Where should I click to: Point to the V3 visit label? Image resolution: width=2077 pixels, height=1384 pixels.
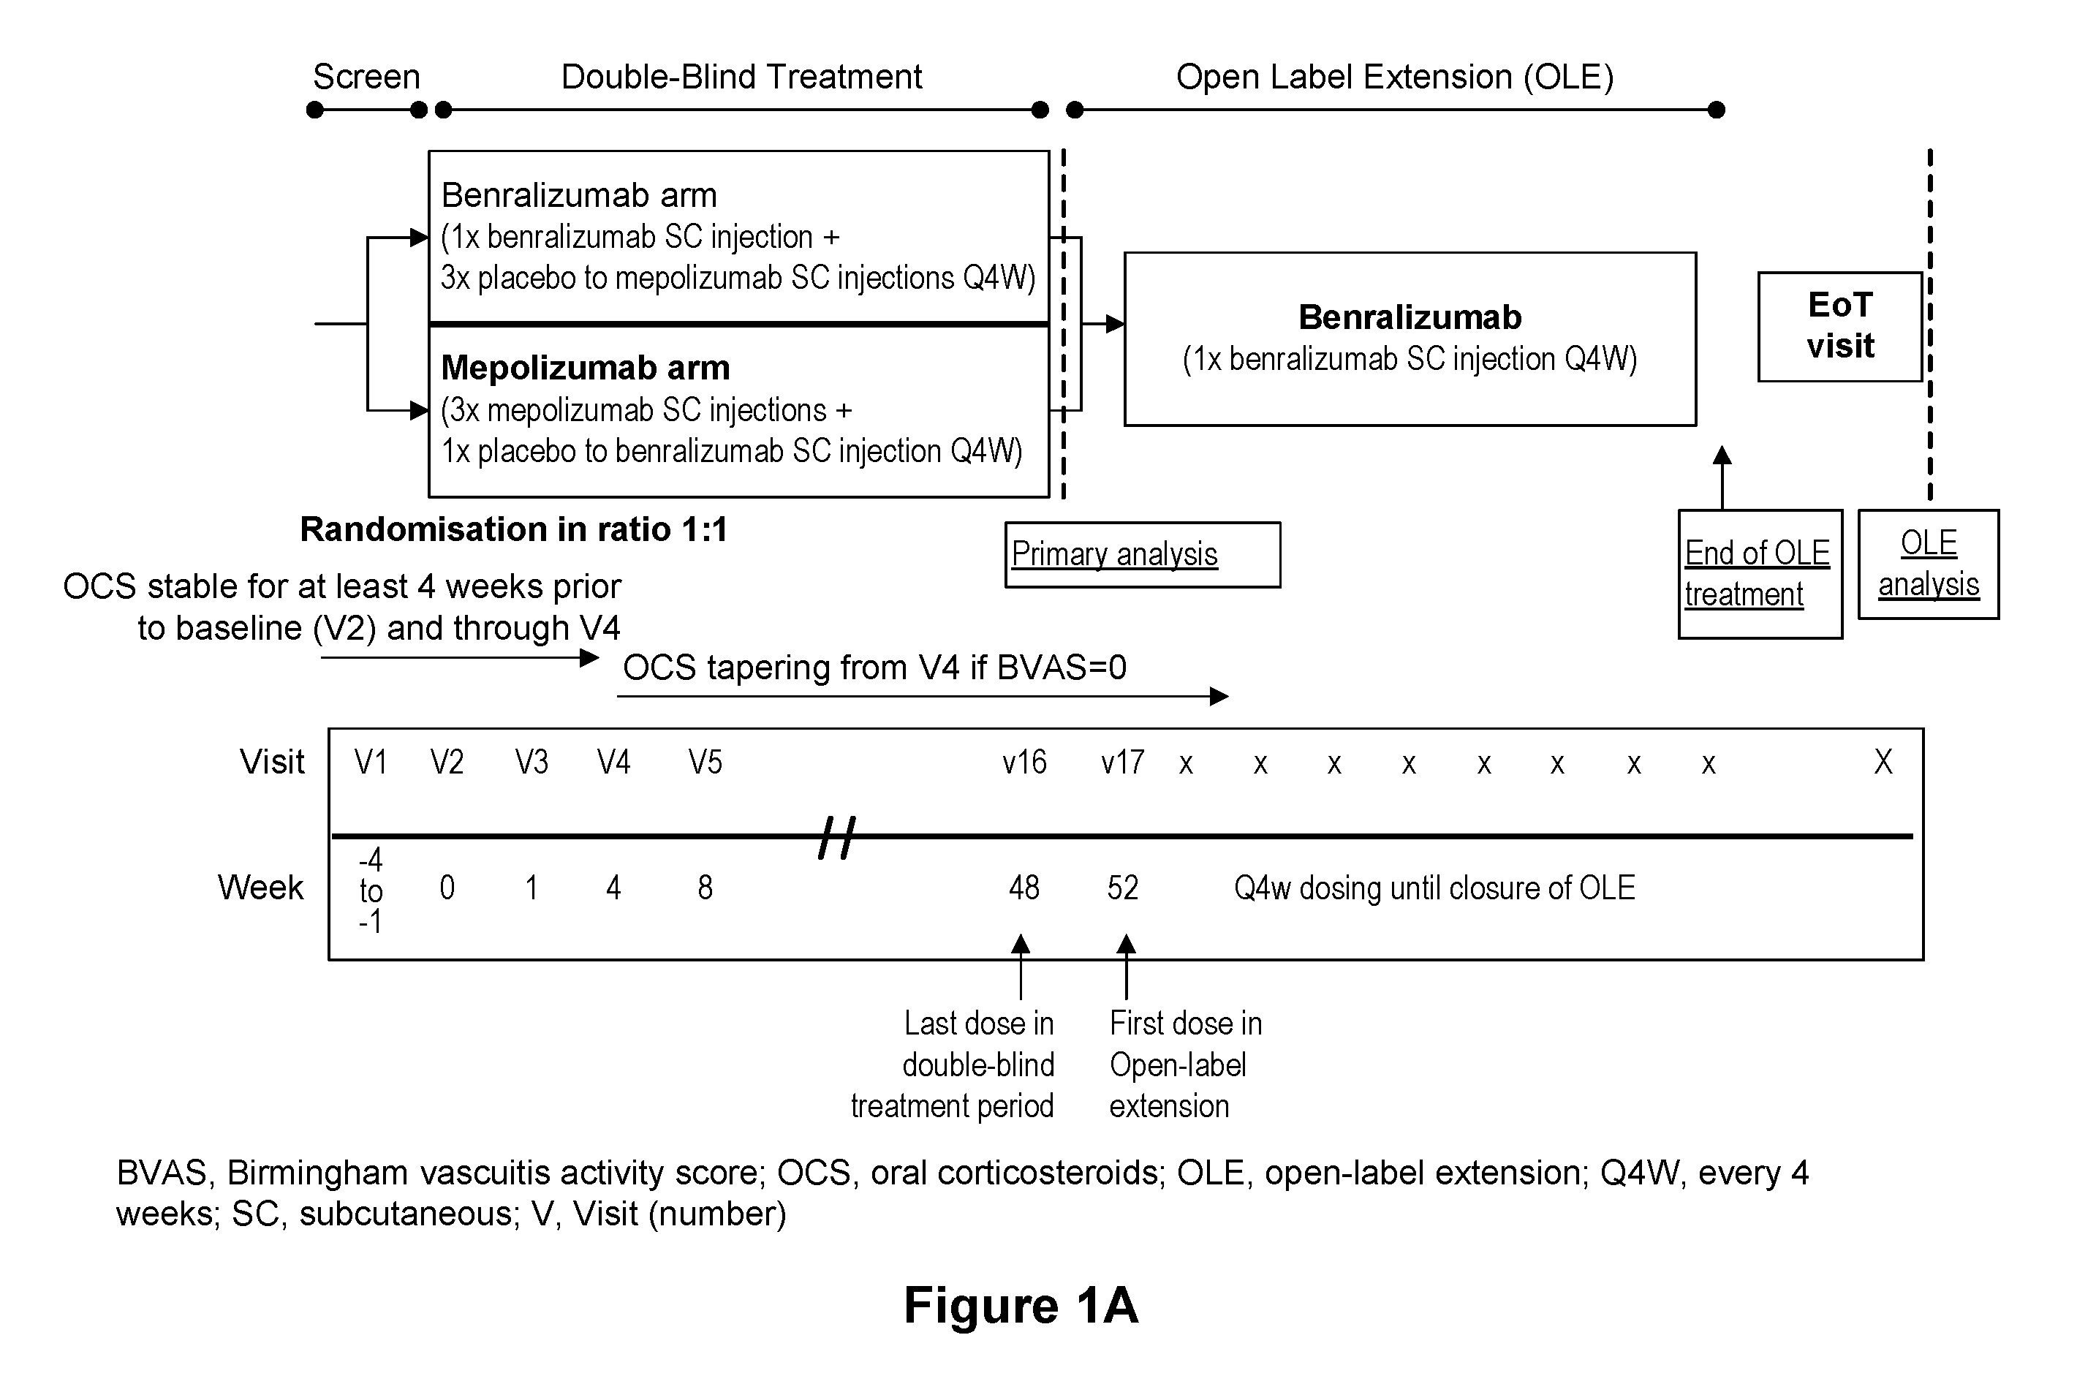point(531,762)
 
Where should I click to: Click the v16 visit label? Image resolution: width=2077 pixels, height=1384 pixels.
point(1024,762)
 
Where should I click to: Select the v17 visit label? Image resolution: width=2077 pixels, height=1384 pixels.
point(1122,762)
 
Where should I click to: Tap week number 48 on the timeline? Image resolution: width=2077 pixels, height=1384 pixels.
point(1024,887)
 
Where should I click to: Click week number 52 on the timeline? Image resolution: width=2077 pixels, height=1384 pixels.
point(1123,887)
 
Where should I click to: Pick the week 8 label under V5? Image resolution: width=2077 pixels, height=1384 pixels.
point(705,887)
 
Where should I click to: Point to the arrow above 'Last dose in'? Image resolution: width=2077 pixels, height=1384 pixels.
point(1021,967)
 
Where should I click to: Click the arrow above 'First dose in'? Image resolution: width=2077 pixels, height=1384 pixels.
point(1125,967)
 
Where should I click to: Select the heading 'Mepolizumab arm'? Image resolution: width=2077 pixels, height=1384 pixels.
point(586,367)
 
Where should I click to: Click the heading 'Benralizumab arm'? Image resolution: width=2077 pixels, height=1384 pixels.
point(579,195)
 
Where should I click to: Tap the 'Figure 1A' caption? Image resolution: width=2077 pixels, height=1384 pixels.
point(1021,1304)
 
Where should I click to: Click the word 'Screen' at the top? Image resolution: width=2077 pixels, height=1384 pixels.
point(366,77)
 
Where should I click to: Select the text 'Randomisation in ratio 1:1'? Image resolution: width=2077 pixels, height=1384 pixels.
point(514,529)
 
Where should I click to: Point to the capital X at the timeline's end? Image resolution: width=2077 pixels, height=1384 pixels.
point(1883,762)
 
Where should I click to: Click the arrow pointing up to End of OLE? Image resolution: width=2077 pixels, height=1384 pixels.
point(1721,477)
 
